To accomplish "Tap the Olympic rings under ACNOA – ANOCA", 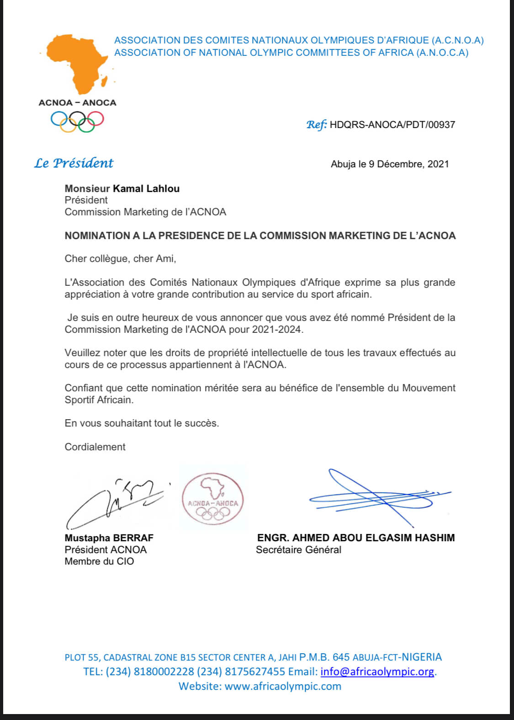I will [x=77, y=121].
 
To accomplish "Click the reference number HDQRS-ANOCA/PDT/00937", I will [x=392, y=125].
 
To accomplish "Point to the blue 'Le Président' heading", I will [x=74, y=163].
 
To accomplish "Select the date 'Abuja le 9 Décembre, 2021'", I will [x=390, y=164].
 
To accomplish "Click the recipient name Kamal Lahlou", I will [x=146, y=189].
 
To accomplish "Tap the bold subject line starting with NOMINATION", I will [x=260, y=236].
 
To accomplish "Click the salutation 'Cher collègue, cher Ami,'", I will [x=120, y=259].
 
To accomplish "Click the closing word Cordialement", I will [x=95, y=447].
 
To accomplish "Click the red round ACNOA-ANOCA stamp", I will [x=213, y=499].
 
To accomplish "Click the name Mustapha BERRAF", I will [x=109, y=538].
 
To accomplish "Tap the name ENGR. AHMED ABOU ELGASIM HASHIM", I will [x=356, y=538].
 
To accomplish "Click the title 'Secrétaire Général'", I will [x=298, y=550].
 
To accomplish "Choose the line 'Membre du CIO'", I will [x=99, y=562].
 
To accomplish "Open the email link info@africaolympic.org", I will [x=377, y=672].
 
